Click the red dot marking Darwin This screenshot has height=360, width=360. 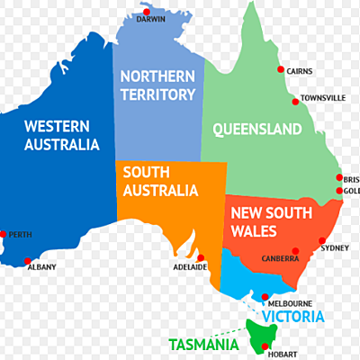click(x=144, y=12)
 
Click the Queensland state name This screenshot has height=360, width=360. click(x=256, y=130)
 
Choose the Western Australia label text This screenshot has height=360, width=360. click(x=61, y=134)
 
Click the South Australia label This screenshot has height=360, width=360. click(x=160, y=181)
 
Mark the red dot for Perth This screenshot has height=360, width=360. click(x=4, y=234)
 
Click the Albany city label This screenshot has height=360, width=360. click(x=41, y=266)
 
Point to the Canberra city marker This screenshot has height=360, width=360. click(x=295, y=251)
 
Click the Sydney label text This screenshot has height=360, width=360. click(x=335, y=247)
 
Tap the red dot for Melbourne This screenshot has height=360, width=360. click(x=264, y=298)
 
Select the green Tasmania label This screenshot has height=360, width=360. click(x=203, y=344)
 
